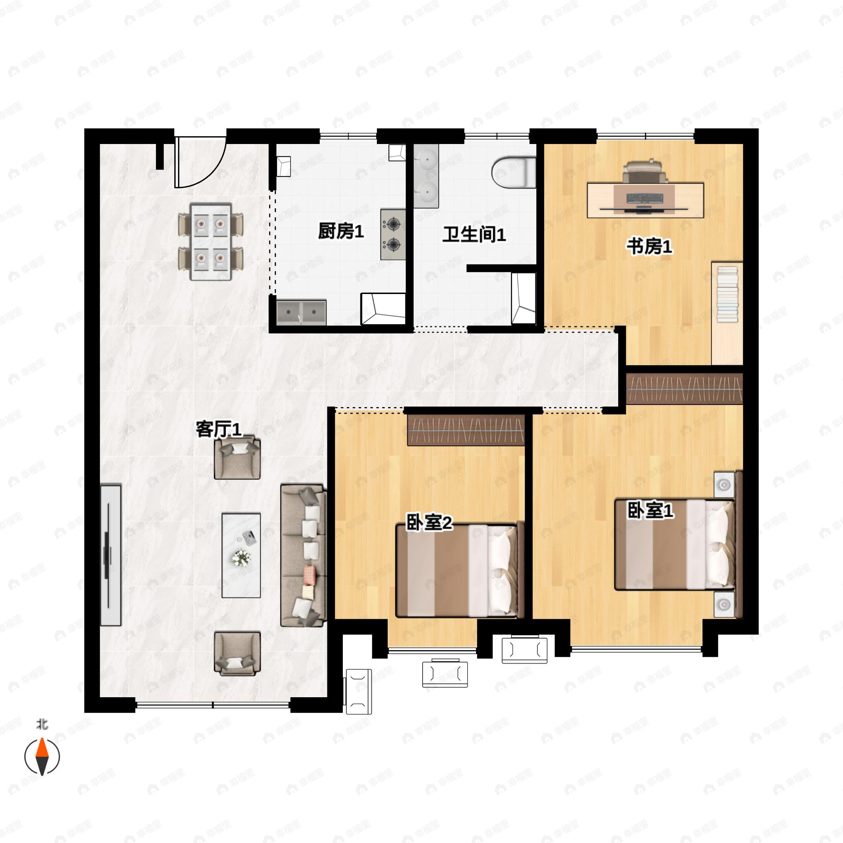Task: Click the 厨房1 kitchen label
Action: [x=341, y=231]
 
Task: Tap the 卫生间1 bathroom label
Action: [x=474, y=234]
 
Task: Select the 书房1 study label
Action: [x=649, y=246]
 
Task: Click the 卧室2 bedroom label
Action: [x=429, y=522]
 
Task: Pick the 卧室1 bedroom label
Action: [x=650, y=510]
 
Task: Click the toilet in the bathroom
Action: [x=514, y=172]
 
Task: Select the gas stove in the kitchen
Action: [x=393, y=234]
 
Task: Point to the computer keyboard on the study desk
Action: [x=645, y=198]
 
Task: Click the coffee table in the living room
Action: [x=241, y=555]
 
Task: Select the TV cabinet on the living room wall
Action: [x=110, y=555]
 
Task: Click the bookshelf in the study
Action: [x=727, y=313]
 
